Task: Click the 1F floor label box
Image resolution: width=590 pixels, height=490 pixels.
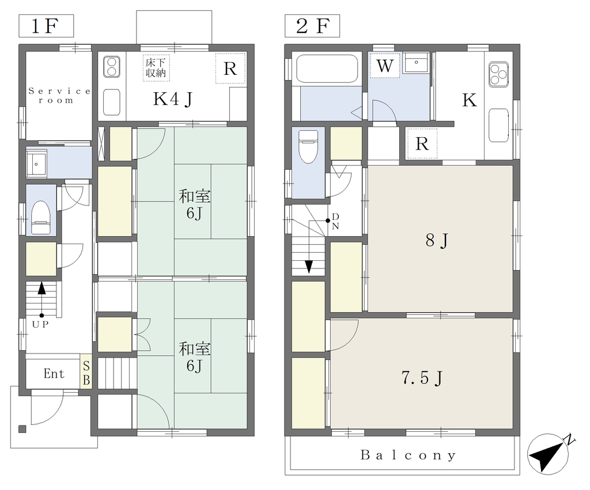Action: pos(46,26)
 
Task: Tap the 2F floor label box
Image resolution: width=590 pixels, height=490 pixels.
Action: pos(312,26)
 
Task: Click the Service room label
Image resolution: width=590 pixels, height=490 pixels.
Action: pos(59,96)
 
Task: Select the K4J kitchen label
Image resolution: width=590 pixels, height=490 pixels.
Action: pos(173,99)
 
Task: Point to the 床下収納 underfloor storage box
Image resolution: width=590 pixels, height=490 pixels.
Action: pos(156,68)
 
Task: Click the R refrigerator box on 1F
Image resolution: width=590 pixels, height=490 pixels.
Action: pos(230,69)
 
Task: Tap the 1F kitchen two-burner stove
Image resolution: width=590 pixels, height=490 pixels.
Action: pos(112,67)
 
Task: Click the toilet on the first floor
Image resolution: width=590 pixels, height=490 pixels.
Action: pos(40,217)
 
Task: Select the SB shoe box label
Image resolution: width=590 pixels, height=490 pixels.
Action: pos(86,373)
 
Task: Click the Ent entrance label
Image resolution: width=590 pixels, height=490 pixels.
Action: pos(54,374)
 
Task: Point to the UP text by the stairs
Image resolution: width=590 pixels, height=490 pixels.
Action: pos(40,325)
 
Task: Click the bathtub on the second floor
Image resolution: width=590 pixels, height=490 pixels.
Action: pos(327,69)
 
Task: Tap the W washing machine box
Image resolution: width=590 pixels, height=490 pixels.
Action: pos(384,66)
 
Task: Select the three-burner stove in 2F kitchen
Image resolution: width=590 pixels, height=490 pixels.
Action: pos(498,74)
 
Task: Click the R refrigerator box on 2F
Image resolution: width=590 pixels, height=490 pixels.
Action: pos(422,143)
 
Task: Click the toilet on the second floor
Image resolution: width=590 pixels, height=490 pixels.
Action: pos(309,146)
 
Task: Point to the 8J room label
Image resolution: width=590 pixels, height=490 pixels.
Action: pos(437,240)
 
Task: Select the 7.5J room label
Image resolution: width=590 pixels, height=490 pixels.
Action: pos(422,378)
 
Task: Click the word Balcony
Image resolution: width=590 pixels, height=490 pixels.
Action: pos(409,455)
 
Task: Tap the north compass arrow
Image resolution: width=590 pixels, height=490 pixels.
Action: pos(549,454)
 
